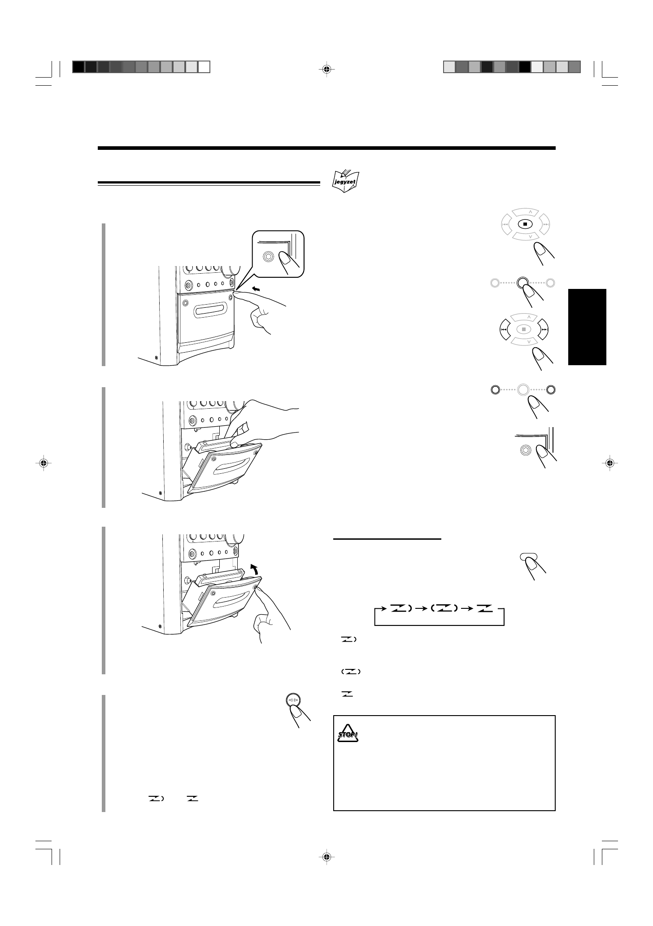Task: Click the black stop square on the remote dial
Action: [x=524, y=224]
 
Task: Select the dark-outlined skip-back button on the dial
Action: [x=504, y=329]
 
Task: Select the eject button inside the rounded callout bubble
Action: [x=268, y=256]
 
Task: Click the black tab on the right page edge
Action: [x=587, y=327]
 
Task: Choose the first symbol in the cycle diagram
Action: [x=400, y=608]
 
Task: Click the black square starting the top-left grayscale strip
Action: [x=78, y=67]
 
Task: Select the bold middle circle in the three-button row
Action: [x=522, y=283]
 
